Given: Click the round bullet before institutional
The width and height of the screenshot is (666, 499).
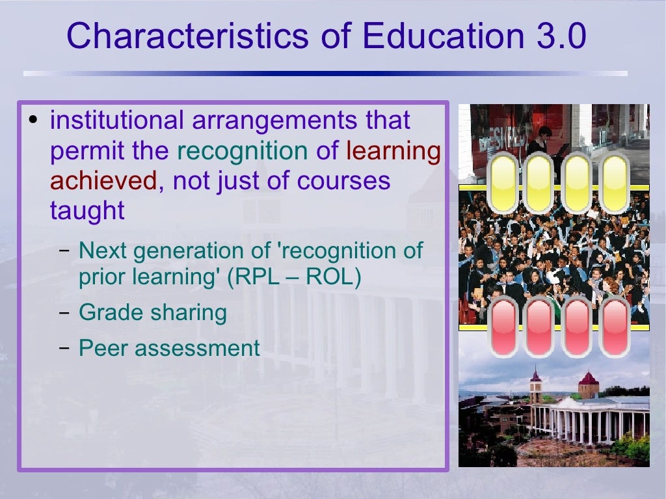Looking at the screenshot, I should coord(36,120).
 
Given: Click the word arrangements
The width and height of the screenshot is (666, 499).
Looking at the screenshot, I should coord(274,120).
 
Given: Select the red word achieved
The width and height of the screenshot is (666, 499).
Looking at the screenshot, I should coord(103,180).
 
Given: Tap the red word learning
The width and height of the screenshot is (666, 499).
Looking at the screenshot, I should coord(393,150).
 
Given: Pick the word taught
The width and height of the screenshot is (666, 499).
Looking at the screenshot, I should coord(87,211).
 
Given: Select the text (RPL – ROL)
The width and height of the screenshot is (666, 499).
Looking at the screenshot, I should coord(294,277).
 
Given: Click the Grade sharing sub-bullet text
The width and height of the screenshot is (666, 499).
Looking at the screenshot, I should coord(152,313).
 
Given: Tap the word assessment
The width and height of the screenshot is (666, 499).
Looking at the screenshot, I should coord(194,348).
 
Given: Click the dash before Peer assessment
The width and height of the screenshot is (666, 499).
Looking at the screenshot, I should coord(64,348).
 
